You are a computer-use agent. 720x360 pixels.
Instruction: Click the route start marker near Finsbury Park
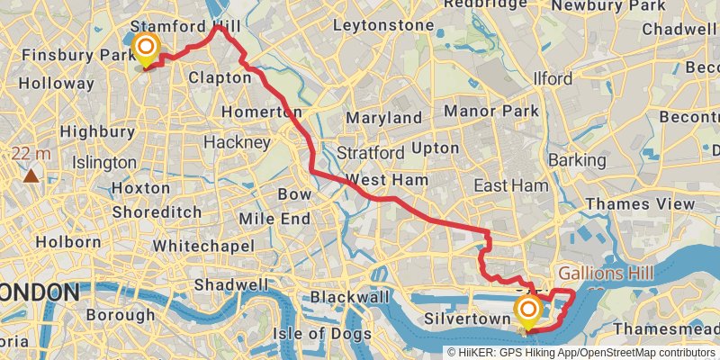144,48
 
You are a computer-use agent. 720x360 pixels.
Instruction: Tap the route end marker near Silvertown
527,313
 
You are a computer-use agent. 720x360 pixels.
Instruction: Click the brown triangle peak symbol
31,173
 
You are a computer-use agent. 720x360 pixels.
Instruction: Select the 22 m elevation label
34,154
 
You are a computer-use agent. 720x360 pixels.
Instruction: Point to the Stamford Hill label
184,25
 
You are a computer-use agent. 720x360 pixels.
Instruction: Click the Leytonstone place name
382,25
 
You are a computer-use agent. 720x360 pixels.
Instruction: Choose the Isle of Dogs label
327,334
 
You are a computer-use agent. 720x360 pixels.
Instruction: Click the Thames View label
640,204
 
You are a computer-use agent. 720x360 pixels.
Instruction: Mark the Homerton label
261,112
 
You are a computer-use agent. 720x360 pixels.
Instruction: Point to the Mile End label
274,219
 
